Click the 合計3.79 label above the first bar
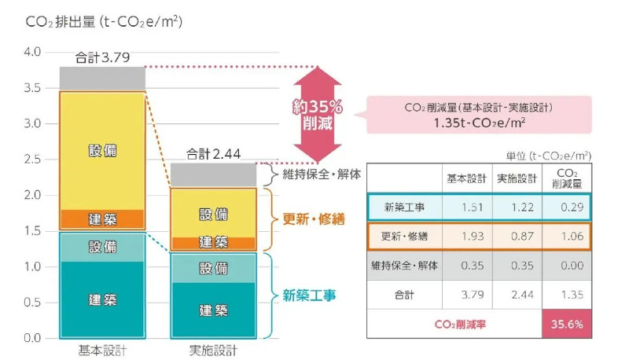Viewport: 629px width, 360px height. (103, 57)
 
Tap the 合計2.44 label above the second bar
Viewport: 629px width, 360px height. (213, 154)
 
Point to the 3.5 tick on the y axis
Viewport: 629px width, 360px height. (32, 88)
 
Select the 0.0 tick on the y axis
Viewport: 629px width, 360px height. (32, 338)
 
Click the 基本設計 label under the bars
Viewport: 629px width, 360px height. (102, 351)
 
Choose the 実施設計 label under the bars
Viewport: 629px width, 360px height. (213, 351)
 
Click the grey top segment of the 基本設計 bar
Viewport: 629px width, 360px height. (102, 79)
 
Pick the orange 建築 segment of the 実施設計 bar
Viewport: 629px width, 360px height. (213, 243)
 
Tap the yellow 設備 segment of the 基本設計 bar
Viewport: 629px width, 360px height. (102, 151)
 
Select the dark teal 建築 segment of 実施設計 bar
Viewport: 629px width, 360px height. (213, 310)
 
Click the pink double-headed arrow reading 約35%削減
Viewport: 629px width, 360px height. (318, 115)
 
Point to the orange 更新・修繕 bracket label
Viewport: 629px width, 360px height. (314, 219)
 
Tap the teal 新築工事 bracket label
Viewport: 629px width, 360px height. (309, 296)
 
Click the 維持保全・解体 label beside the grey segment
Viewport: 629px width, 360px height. (322, 174)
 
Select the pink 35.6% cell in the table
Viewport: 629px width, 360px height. (567, 324)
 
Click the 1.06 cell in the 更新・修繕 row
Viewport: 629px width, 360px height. (566, 236)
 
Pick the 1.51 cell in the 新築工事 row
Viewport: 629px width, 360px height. (467, 208)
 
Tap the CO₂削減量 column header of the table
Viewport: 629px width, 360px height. (567, 178)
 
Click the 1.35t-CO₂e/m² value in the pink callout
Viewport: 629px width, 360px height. (480, 123)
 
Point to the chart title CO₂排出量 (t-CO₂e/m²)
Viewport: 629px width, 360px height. (104, 22)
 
